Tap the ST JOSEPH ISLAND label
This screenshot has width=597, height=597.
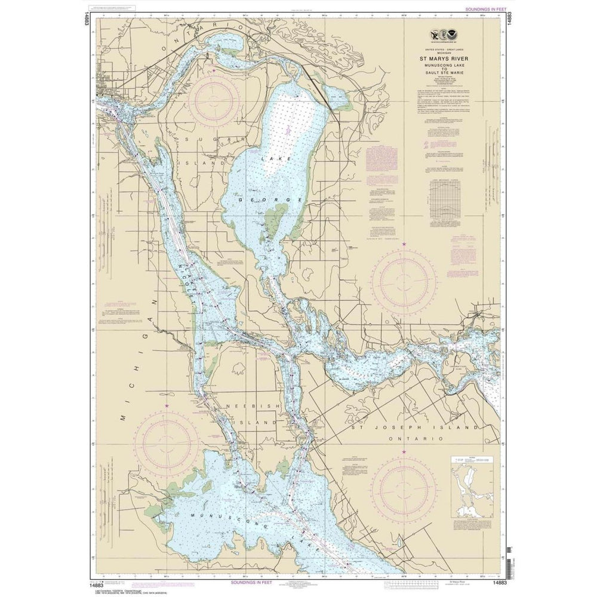click(x=414, y=427)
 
